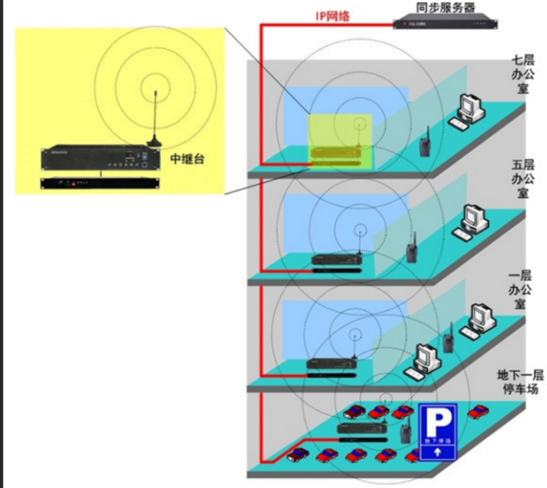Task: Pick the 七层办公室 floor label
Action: point(522,75)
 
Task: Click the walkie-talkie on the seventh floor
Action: point(423,143)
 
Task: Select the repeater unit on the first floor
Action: point(332,365)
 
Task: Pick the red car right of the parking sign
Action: point(479,412)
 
